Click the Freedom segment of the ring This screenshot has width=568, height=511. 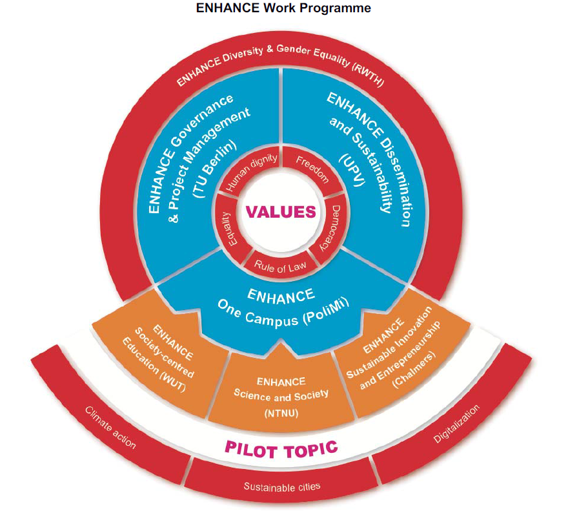[x=312, y=169]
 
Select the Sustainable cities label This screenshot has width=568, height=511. [x=282, y=486]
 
